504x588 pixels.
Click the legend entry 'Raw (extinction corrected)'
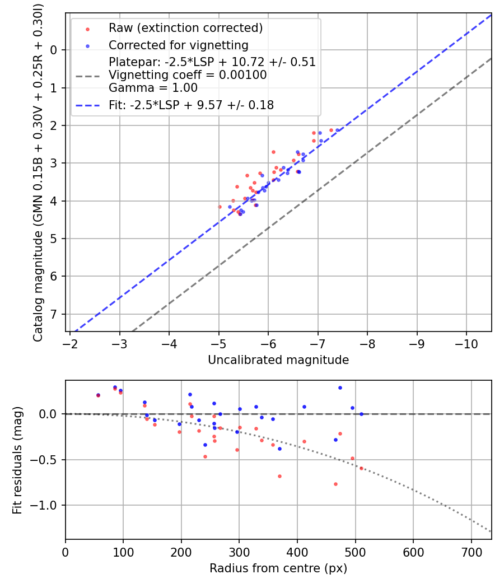pos(185,28)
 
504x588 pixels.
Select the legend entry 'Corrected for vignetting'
pos(178,45)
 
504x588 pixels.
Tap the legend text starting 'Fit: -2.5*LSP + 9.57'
pos(191,105)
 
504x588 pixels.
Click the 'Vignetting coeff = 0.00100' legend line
pos(188,75)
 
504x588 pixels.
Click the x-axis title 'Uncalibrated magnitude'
pos(278,360)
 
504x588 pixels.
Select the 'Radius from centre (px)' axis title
pos(278,568)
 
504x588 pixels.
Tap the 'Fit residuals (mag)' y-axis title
pos(17,460)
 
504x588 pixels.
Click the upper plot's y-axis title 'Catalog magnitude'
pos(38,171)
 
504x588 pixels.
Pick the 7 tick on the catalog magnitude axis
pos(54,314)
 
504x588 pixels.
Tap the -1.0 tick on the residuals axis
pos(47,505)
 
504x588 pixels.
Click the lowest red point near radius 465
pos(335,484)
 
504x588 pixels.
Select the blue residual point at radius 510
pos(361,414)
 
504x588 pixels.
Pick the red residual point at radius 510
pos(361,468)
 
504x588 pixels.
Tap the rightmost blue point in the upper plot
pos(337,130)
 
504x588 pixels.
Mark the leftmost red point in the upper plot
pos(220,207)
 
